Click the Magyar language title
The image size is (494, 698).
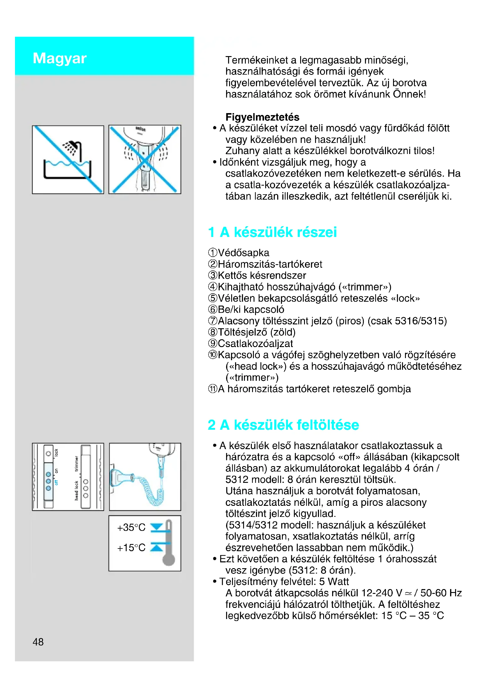[60, 58]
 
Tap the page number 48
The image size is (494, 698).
[38, 642]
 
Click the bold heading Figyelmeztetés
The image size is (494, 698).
[262, 117]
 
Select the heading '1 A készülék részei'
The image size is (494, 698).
[272, 232]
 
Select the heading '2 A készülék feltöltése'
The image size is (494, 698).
[283, 425]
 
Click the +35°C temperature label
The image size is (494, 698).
[131, 527]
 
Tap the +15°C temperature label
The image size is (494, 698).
[131, 548]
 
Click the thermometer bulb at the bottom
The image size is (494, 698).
[168, 560]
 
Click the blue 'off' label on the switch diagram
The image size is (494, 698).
[56, 483]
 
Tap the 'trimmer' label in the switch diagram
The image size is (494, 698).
[76, 464]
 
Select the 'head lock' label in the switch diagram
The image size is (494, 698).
[76, 490]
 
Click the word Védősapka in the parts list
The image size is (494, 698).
[243, 253]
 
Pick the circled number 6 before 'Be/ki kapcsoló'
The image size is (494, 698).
[213, 309]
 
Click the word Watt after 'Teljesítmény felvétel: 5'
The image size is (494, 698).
[338, 582]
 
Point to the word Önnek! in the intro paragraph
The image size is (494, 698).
[409, 94]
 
